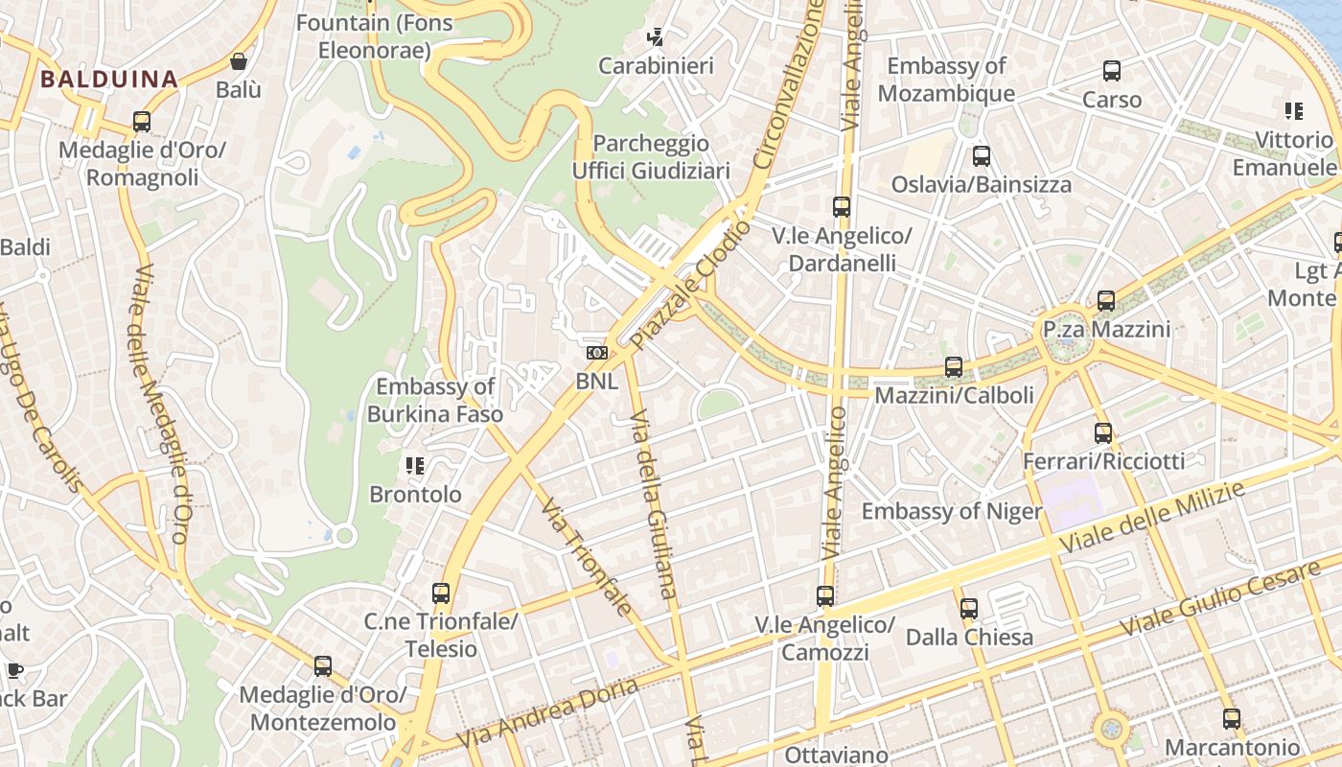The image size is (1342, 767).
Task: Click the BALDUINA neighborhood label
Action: pos(108,79)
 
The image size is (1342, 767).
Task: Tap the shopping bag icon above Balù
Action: pos(239,62)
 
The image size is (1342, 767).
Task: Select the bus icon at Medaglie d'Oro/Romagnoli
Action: pos(142,122)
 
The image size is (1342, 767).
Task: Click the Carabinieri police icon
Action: pos(656,37)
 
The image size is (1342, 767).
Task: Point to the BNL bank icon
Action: pos(597,353)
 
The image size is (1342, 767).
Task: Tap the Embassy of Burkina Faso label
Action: pos(435,401)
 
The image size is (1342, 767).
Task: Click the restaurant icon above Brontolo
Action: pos(415,466)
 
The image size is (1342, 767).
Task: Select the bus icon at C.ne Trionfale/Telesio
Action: pos(441,593)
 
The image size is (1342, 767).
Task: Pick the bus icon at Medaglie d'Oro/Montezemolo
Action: pos(323,665)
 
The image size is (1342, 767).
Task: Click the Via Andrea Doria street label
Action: pos(547,714)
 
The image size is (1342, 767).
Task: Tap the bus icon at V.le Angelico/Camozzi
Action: pos(825,596)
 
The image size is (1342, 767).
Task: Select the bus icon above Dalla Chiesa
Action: pos(969,608)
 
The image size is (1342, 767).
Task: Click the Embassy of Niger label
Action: pos(951,511)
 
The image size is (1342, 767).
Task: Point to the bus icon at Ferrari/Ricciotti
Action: pos(1103,432)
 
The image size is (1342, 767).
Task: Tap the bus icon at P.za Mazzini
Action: pos(1106,301)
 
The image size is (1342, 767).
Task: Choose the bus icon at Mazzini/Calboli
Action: pos(954,366)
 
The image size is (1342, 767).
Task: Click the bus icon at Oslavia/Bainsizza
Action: pos(982,155)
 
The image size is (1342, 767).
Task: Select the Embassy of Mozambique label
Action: pos(946,80)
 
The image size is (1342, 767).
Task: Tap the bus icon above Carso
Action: pos(1112,71)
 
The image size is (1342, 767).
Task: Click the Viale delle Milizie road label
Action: pos(1151,518)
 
